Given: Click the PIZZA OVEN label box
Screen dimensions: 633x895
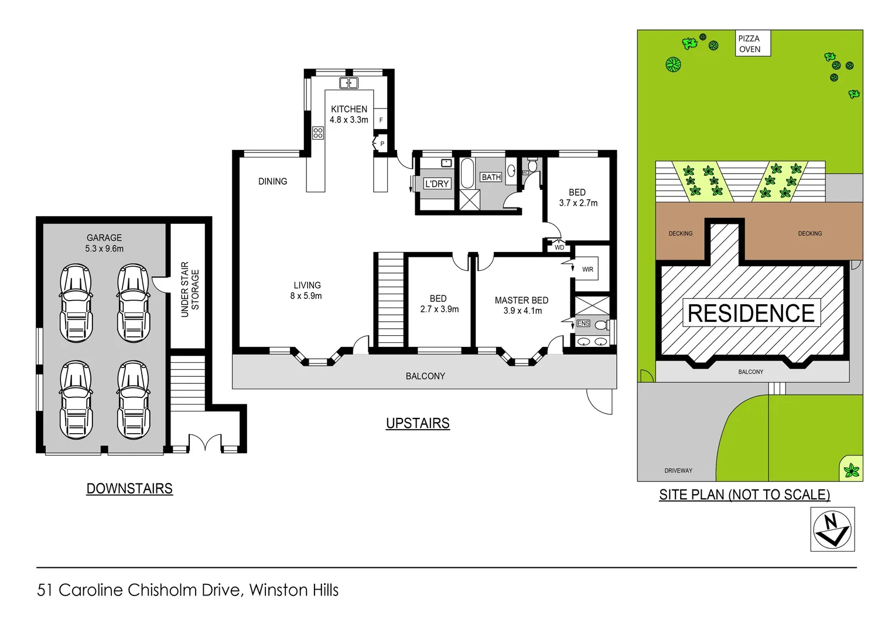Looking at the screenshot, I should [753, 44].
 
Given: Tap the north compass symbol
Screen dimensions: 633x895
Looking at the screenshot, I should [832, 529].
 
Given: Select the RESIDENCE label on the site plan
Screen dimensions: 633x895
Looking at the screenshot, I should [751, 313].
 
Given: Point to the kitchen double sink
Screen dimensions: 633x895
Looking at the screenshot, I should [349, 83].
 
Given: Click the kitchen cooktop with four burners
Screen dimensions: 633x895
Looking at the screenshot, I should [318, 133].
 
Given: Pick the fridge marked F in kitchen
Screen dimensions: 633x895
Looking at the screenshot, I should [381, 120].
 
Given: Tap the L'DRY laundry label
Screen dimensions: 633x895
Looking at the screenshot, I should [437, 183].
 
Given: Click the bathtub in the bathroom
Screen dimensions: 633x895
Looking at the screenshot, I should [467, 173].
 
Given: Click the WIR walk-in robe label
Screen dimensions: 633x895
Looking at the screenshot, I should [587, 270].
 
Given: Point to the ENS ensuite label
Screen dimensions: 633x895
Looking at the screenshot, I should [583, 324].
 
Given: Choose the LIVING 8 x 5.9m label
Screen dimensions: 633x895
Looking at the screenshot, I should [306, 291].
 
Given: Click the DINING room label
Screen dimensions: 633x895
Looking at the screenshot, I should [273, 182].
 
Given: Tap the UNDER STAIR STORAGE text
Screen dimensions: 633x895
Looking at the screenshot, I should [190, 290].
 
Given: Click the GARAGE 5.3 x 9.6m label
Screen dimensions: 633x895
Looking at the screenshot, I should [104, 243].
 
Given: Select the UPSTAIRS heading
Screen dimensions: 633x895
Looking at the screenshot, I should [418, 423].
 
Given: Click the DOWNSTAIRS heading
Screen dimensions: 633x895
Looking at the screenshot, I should [129, 489].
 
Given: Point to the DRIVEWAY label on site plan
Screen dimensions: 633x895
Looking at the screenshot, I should [678, 471].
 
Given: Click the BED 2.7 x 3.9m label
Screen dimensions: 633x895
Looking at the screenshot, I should [439, 304].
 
